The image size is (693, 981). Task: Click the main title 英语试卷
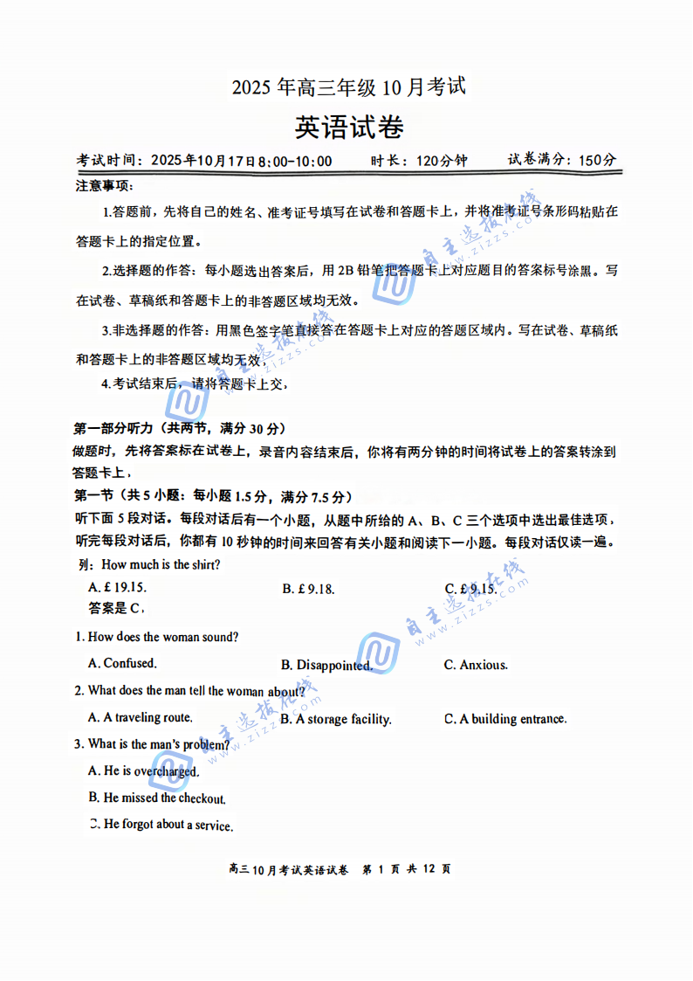(x=349, y=128)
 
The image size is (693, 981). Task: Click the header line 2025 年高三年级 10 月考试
(x=348, y=87)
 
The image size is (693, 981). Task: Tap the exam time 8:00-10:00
(x=296, y=161)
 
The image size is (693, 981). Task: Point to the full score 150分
(x=597, y=160)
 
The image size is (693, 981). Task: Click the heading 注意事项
(x=104, y=186)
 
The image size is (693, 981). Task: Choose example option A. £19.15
(x=118, y=589)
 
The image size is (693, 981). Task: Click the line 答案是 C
(x=115, y=608)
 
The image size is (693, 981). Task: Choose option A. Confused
(x=122, y=664)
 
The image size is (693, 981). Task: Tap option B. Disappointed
(x=326, y=666)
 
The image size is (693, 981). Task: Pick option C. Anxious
(x=476, y=666)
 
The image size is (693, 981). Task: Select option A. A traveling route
(x=140, y=718)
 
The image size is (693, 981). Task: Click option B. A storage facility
(x=336, y=720)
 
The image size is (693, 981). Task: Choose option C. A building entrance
(x=505, y=719)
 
